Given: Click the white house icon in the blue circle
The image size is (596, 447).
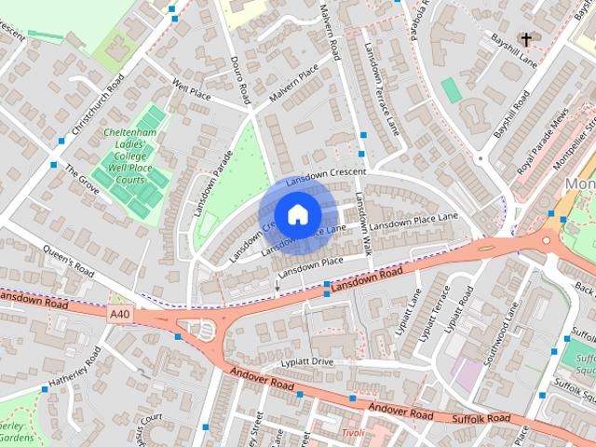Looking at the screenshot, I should [297, 214].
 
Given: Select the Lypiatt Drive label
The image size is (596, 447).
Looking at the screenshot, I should [306, 361].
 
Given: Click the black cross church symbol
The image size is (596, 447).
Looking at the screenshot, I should [526, 39].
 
